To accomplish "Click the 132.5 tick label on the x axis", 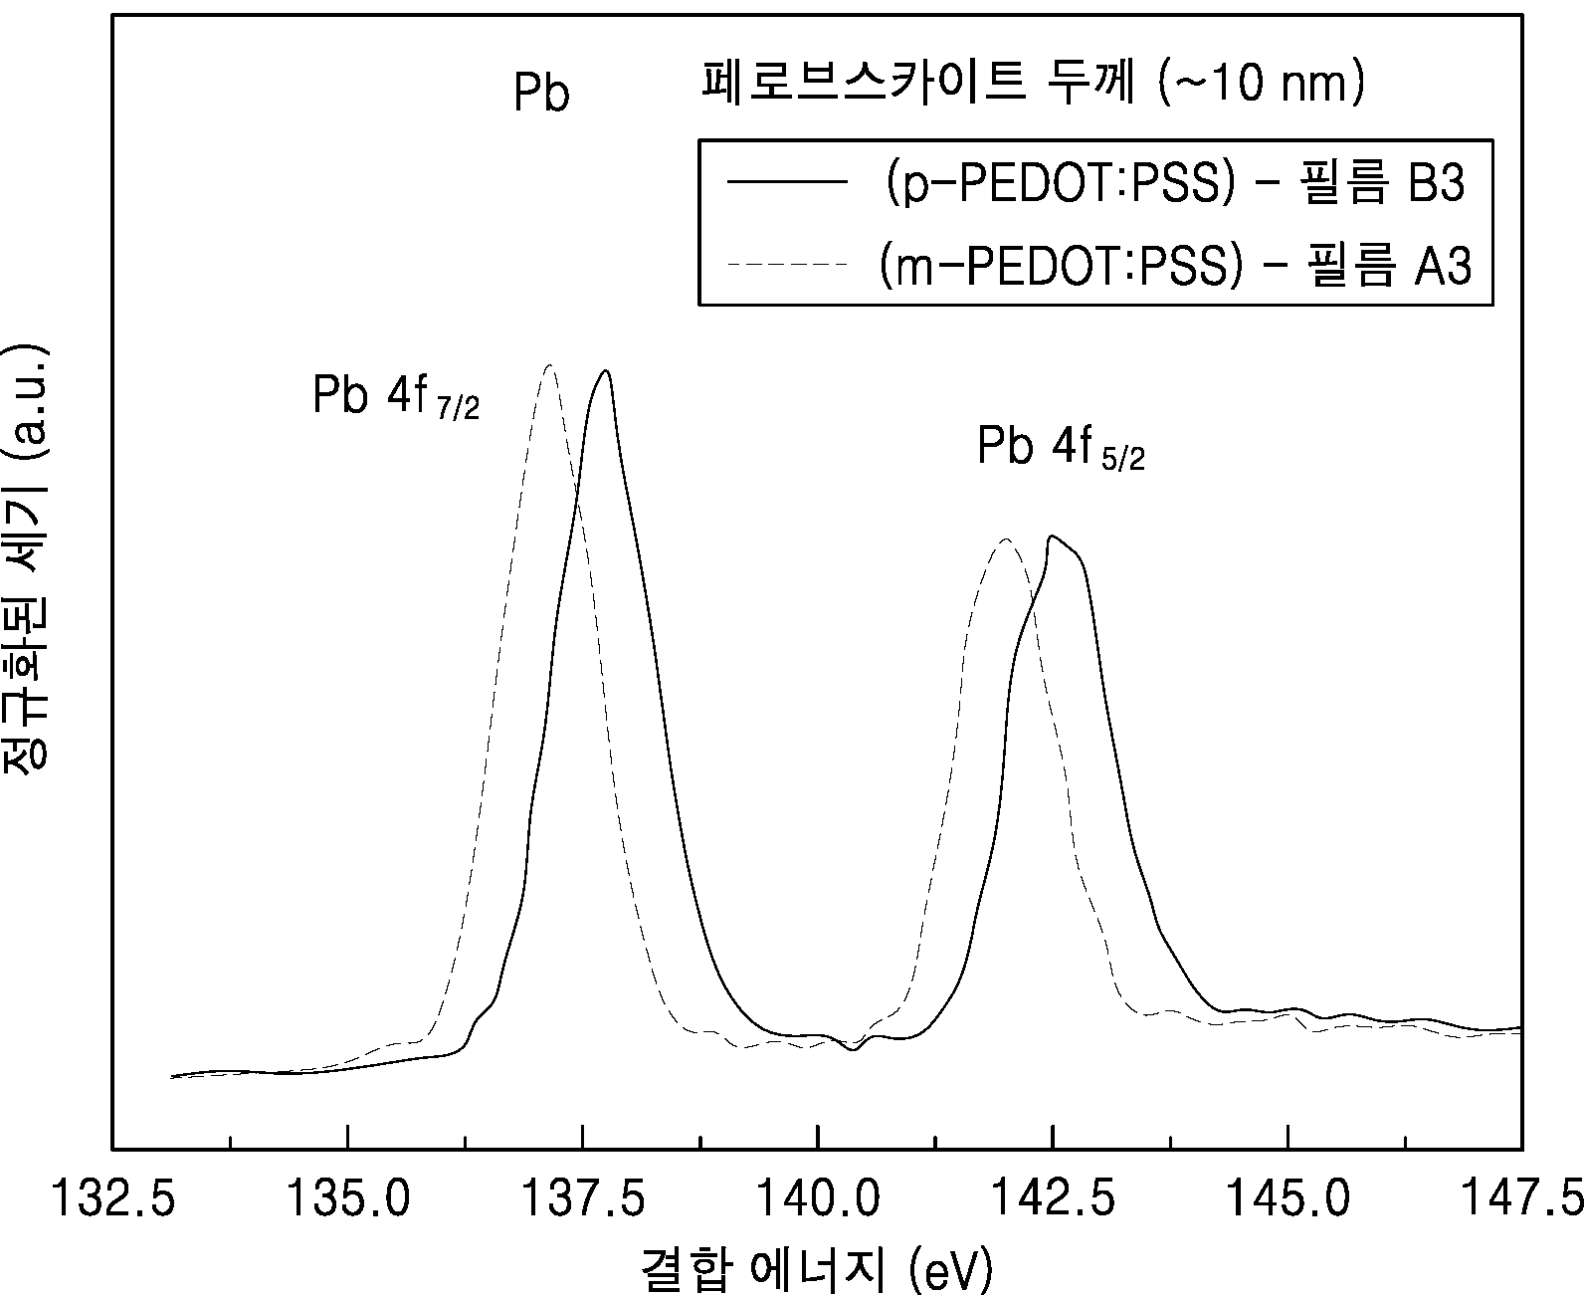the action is tap(112, 1198).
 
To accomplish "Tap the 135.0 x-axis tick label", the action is tap(348, 1198).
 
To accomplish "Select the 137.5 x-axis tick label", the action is tap(583, 1198).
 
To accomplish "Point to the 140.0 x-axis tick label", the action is tap(818, 1198).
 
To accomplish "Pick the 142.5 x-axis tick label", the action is tap(1053, 1198).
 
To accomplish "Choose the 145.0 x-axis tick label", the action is tap(1288, 1198).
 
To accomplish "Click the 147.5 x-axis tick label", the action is tap(1523, 1198).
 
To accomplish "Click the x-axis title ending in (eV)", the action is tap(817, 1269).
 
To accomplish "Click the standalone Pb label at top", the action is tap(541, 93).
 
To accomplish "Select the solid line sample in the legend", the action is tap(787, 181).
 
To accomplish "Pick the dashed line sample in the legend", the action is tap(787, 265).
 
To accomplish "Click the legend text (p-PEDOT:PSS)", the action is tap(1061, 183).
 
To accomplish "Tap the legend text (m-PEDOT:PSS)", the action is tap(1062, 267).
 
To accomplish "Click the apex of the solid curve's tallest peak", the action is tap(605, 370).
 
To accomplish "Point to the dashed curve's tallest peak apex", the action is tap(550, 365).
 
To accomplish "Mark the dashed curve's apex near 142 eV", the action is tap(1006, 539).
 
